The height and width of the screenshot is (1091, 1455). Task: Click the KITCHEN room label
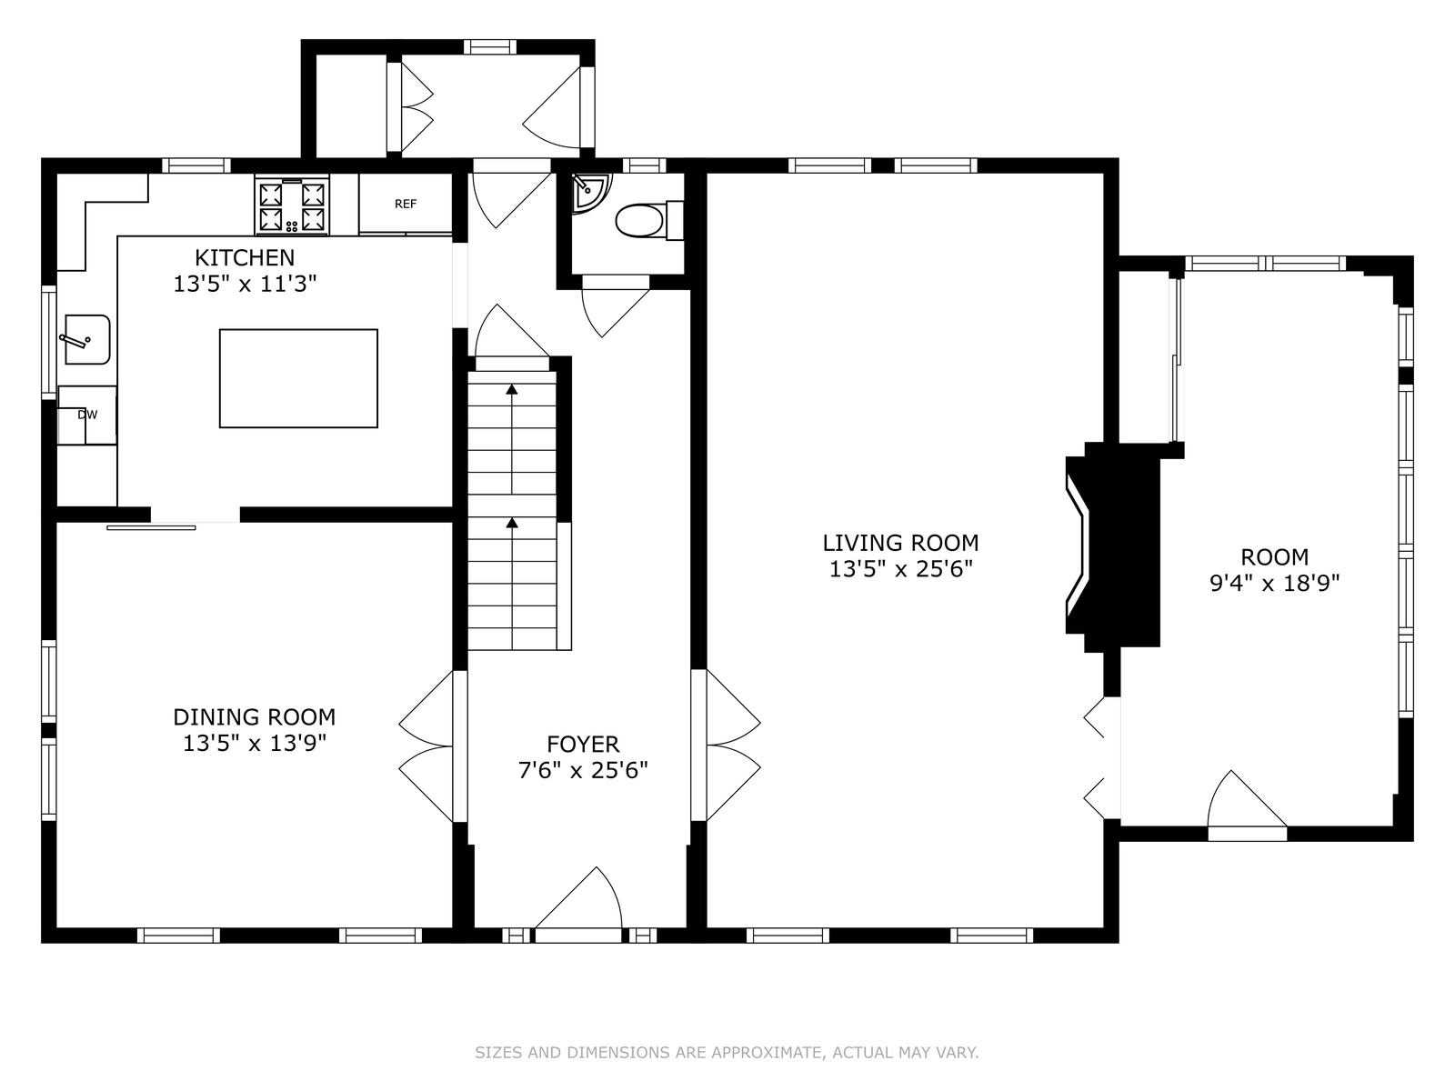[245, 257]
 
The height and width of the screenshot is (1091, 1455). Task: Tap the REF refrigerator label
[406, 204]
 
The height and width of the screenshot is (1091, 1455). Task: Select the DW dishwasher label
[87, 415]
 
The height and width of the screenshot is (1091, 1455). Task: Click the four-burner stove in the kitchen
[292, 205]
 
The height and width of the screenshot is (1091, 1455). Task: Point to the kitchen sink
[86, 339]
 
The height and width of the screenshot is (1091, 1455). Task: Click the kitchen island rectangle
[299, 378]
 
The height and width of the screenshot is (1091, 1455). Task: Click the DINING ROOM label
[255, 716]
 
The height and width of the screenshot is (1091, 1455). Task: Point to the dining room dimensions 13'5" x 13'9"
[256, 744]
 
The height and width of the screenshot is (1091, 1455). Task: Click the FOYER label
[583, 744]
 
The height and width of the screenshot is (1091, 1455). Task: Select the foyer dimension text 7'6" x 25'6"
[583, 770]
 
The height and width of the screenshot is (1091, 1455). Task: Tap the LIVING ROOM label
[901, 543]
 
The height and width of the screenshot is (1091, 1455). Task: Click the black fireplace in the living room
[1114, 547]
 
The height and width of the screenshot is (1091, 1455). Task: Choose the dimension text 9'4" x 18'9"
[1275, 584]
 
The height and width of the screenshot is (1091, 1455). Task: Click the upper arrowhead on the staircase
[512, 389]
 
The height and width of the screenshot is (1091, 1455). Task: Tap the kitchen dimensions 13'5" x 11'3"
[246, 285]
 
